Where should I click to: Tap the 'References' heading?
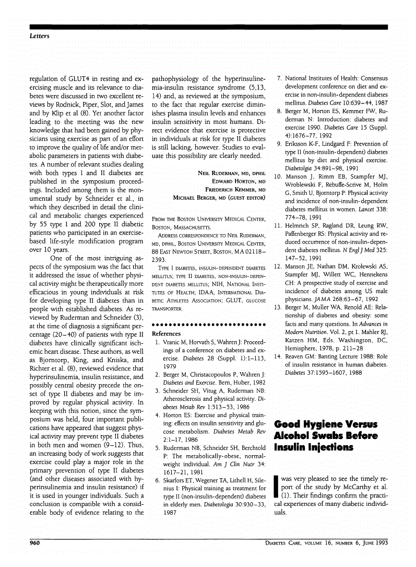pos(166,333)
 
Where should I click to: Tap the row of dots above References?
pos(209,325)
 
